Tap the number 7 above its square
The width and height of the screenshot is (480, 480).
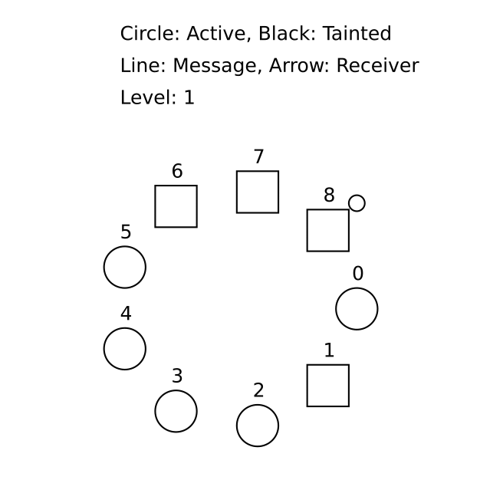[258, 156]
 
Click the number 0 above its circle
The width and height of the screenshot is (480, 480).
[358, 273]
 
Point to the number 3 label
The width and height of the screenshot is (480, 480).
[177, 376]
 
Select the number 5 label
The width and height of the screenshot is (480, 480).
[126, 232]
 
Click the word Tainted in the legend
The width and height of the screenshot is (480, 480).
[357, 34]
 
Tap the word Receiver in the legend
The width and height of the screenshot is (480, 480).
[377, 65]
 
